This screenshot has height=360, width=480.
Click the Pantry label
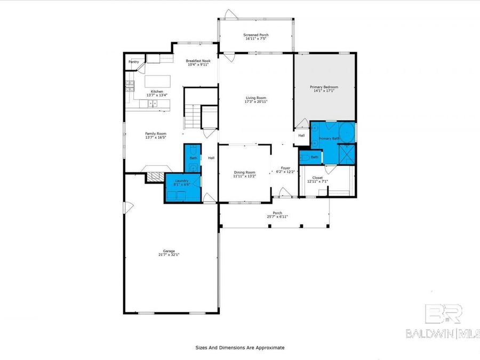[x=134, y=62]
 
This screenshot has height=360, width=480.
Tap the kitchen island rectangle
[x=158, y=82]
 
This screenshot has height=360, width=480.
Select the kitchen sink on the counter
[x=153, y=105]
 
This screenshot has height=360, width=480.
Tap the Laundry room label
[x=182, y=181]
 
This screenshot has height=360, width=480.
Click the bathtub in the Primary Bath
[x=347, y=132]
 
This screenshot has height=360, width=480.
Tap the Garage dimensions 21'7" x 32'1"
[x=169, y=255]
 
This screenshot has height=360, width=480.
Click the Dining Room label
[x=245, y=172]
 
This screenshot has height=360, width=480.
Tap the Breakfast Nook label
[x=198, y=61]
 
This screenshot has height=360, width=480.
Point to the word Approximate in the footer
[x=270, y=348]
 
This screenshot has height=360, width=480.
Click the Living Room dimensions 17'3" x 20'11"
[x=256, y=102]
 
